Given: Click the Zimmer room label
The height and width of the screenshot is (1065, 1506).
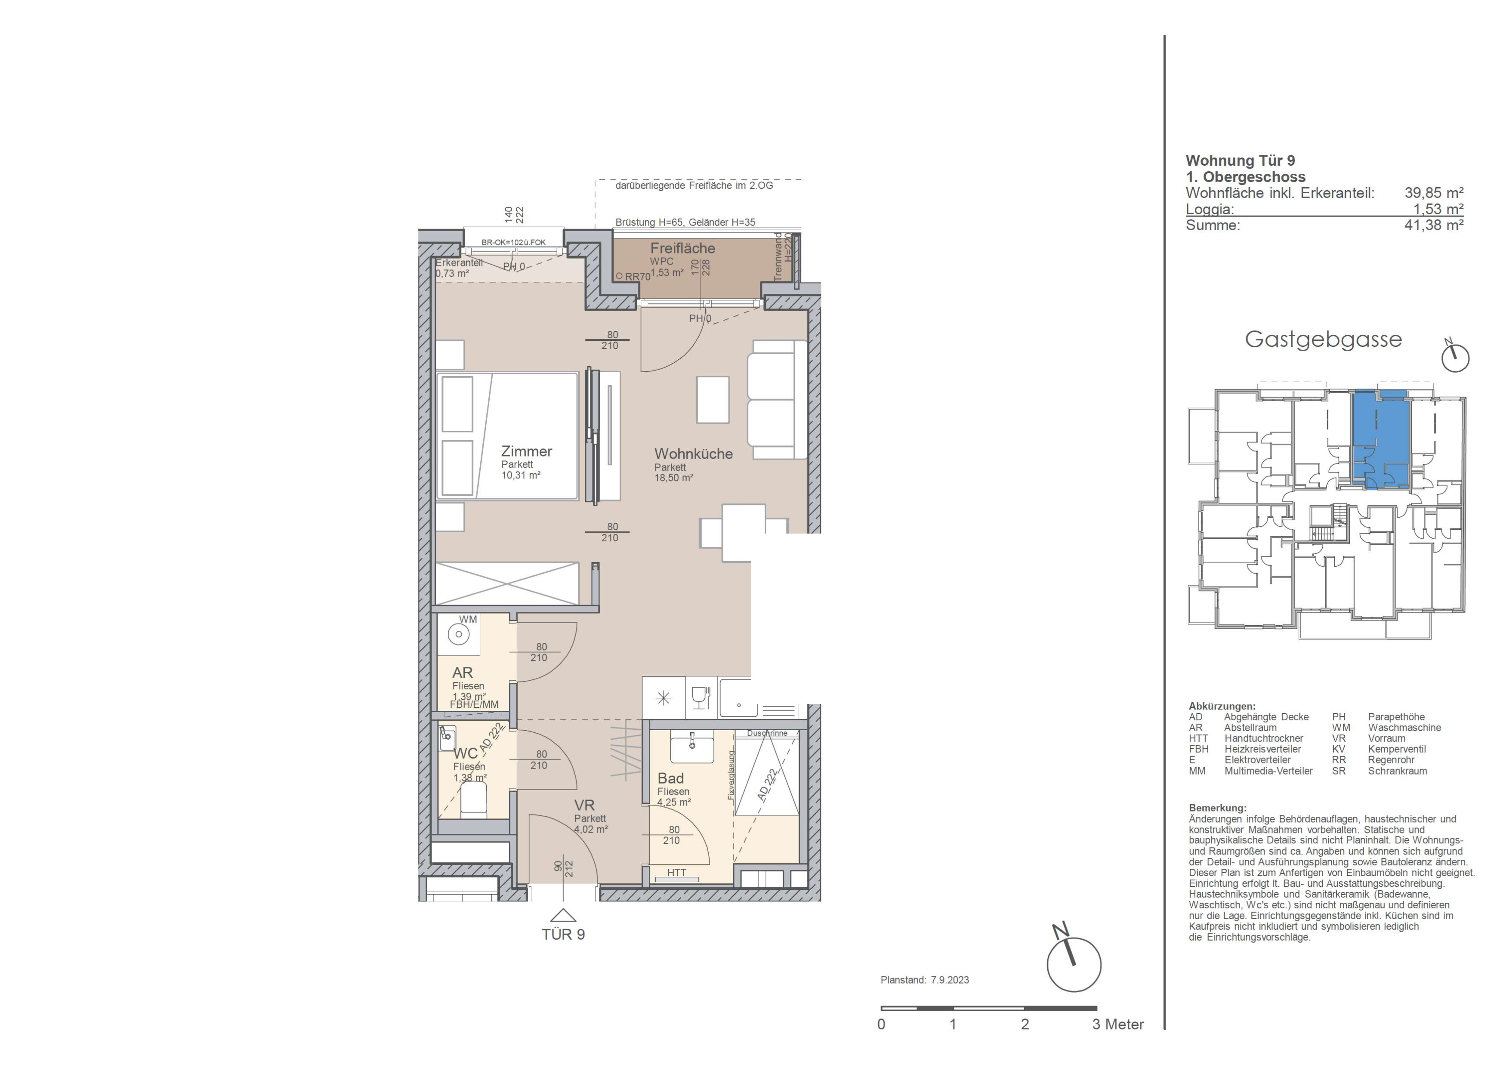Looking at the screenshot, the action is [x=526, y=451].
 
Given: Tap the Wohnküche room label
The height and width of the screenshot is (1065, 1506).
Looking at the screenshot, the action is [x=693, y=454].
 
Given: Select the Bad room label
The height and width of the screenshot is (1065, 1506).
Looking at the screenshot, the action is [x=670, y=778].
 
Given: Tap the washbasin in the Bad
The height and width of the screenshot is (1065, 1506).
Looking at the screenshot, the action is [x=692, y=748].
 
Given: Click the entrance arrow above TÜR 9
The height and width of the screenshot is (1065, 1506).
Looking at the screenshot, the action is [x=563, y=916].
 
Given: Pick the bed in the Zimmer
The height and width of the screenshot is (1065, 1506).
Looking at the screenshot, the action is [x=507, y=436].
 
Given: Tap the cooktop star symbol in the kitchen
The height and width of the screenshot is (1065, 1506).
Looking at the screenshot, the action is [x=663, y=698].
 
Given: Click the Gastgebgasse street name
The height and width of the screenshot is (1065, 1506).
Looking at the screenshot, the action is [x=1323, y=339].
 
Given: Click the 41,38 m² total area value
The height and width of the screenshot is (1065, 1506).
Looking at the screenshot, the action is [x=1434, y=225].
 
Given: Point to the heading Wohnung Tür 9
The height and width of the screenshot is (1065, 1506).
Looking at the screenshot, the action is [x=1241, y=161].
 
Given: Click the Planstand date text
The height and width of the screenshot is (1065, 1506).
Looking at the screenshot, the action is [x=925, y=980].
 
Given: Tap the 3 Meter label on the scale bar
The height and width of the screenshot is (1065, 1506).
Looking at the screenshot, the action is [x=1118, y=1025].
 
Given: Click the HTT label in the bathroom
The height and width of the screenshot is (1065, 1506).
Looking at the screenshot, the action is [x=676, y=873].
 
